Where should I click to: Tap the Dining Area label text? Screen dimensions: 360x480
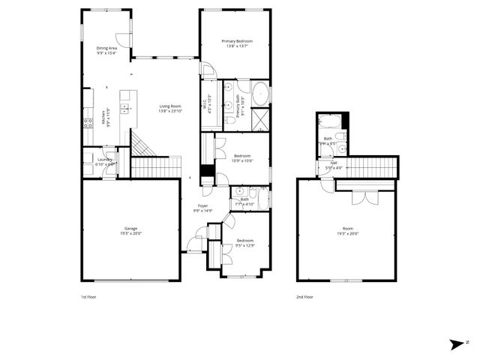(x=106, y=48)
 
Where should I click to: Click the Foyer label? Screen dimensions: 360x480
(x=203, y=205)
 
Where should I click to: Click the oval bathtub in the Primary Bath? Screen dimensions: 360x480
(x=259, y=95)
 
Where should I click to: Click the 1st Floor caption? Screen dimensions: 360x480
(x=88, y=297)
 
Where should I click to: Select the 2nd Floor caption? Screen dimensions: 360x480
(x=304, y=297)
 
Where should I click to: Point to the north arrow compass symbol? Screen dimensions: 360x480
(x=457, y=344)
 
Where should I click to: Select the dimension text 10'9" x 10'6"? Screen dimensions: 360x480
(x=242, y=160)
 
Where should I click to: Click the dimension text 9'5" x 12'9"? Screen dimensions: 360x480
(x=245, y=245)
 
